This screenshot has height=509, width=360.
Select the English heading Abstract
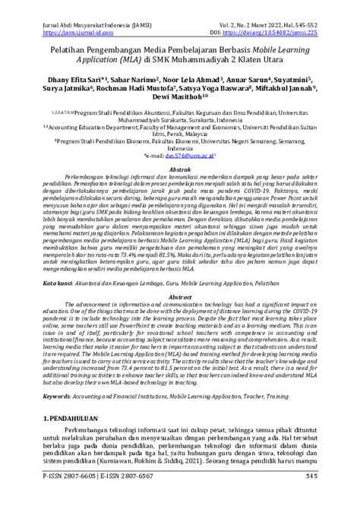click(180, 289)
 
